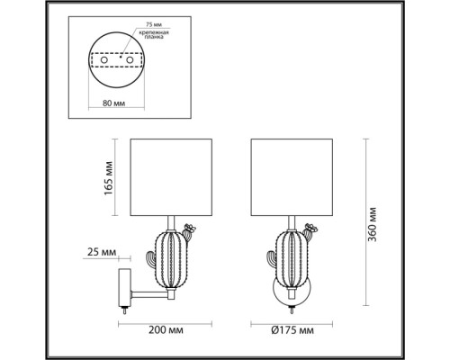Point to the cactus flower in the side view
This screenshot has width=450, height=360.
[189, 229]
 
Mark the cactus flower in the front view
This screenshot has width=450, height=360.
[308, 229]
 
